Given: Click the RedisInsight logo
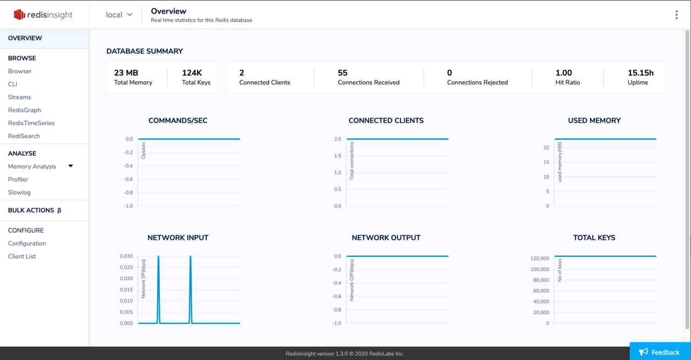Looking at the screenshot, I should [x=43, y=15].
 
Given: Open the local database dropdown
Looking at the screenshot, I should [x=119, y=15].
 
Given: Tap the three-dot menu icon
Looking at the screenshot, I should [x=676, y=15].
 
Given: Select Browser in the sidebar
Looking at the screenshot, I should [x=20, y=71].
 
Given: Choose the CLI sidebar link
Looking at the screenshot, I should [x=13, y=84].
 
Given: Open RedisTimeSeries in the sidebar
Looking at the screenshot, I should [x=31, y=123].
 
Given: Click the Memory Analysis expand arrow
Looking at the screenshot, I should [x=71, y=166].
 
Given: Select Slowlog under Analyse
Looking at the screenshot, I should [x=19, y=192].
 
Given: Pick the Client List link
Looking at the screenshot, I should [x=22, y=256].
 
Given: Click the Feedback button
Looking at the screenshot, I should [x=660, y=352].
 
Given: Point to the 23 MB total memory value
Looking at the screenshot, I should [x=126, y=73].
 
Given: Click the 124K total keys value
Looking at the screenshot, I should [x=192, y=73].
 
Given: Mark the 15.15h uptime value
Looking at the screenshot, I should [x=640, y=73].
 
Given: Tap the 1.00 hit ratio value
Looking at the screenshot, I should [x=564, y=73].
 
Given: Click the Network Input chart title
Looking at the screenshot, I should [x=178, y=237].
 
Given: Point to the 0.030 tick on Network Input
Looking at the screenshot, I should [x=126, y=256].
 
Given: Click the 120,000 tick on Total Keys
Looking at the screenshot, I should [x=539, y=259].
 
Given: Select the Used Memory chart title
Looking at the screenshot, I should [x=594, y=120].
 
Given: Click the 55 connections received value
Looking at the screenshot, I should [x=343, y=73].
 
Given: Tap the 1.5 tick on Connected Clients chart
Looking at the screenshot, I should [x=337, y=156].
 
